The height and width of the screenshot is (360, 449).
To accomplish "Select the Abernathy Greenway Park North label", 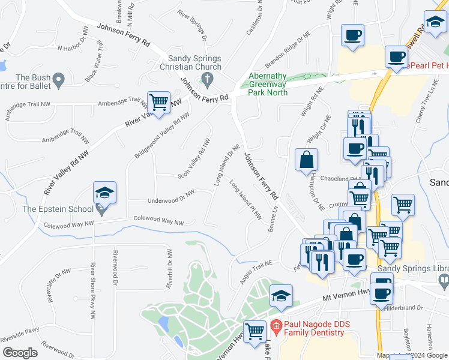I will [x=268, y=85].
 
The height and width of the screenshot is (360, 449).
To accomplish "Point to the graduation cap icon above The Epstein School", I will [x=104, y=193].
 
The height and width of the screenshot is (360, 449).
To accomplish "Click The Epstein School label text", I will [x=58, y=209].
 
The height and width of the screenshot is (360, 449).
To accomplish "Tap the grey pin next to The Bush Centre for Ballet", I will [x=58, y=79].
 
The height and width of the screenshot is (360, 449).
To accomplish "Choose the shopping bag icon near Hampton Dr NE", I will [x=306, y=160].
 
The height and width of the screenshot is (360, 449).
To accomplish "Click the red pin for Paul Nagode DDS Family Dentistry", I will [x=276, y=328].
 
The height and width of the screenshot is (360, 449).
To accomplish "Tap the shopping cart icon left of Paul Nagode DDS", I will [x=255, y=330].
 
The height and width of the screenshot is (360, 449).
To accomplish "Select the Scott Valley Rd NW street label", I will [x=194, y=160].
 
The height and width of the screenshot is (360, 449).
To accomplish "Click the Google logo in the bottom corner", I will [x=20, y=353].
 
